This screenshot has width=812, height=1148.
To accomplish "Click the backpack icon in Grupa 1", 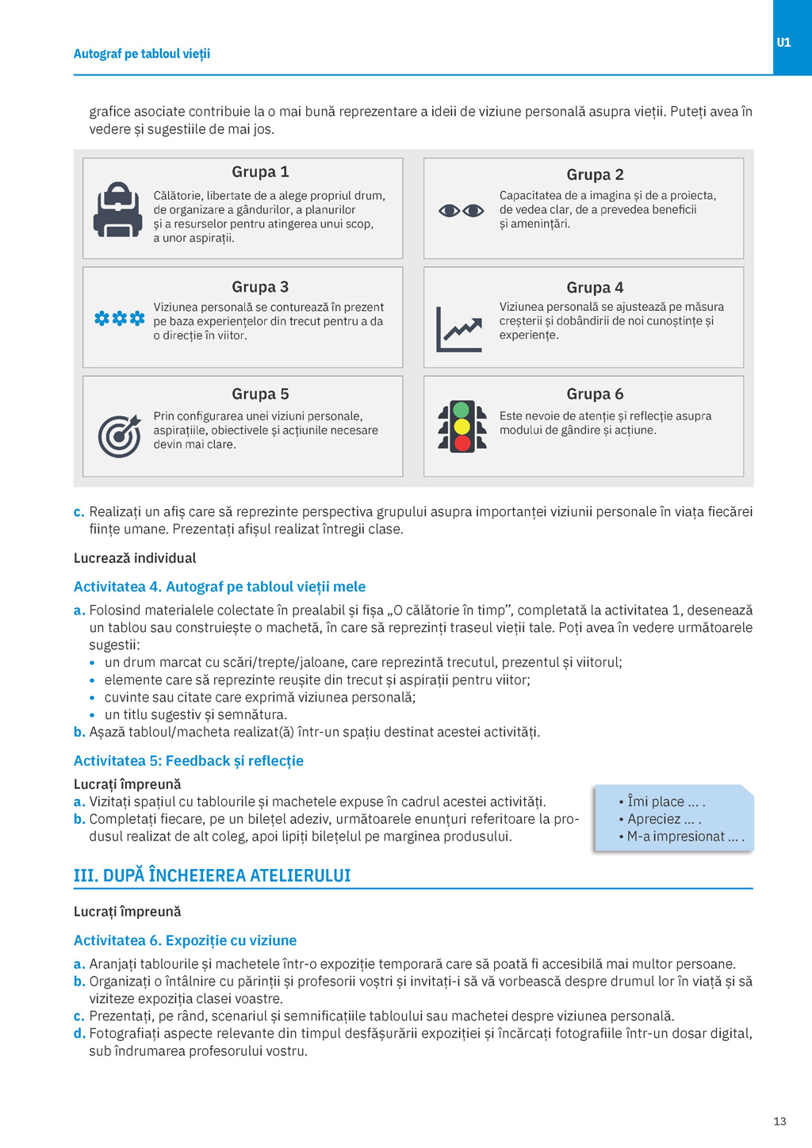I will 117,210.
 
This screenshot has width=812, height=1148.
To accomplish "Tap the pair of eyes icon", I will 461,210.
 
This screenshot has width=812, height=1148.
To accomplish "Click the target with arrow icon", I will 119,435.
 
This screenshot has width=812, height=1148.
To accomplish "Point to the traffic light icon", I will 462,427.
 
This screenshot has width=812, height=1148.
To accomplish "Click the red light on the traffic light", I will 462,443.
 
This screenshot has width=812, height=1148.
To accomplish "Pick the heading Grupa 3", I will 260,287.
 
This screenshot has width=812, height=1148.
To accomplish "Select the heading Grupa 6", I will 595,394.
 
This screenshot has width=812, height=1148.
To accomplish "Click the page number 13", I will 779,1121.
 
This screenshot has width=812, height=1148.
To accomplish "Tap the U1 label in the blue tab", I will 783,43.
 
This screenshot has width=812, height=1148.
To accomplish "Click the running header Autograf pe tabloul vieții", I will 142,54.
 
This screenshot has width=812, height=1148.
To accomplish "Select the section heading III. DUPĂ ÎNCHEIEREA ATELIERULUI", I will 212,875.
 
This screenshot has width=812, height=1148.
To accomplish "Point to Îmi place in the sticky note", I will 656,802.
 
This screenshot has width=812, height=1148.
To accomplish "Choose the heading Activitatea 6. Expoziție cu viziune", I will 185,940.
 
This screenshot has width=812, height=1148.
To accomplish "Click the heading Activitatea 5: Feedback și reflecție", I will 189,761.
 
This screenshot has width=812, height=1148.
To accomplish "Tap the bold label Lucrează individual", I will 135,558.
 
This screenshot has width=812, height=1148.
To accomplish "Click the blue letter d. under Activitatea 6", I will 79,1034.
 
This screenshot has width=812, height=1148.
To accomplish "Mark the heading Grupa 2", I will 595,174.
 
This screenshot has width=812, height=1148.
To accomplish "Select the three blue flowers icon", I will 120,319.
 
